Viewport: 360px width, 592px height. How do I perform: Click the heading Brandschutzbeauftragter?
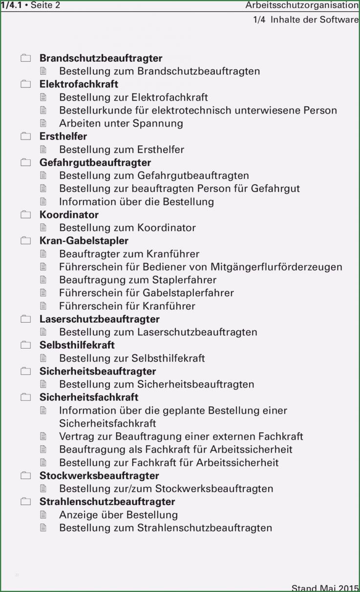click(x=101, y=58)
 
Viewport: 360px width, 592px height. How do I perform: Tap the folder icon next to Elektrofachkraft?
click(x=25, y=84)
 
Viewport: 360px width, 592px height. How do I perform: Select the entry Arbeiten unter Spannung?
click(x=121, y=123)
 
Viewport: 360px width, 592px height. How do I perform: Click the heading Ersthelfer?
click(x=63, y=136)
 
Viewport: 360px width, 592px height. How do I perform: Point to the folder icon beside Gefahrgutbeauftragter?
click(x=25, y=162)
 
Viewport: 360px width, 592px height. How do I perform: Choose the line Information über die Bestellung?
click(x=136, y=201)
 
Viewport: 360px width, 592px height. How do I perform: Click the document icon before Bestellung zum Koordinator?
click(x=43, y=227)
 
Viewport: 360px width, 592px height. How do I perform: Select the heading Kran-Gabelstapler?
click(x=84, y=241)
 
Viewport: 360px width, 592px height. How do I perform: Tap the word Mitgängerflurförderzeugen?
click(x=276, y=267)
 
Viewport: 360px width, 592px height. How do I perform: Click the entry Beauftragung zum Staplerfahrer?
click(x=137, y=280)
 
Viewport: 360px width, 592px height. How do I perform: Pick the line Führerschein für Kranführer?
click(x=127, y=306)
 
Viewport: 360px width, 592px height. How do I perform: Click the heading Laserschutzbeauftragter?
click(x=99, y=319)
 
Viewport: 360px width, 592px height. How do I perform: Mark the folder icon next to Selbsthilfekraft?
click(x=25, y=345)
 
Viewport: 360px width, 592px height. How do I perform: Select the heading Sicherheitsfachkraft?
click(x=89, y=397)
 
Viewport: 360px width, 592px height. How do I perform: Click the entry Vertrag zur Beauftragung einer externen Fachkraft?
click(x=181, y=436)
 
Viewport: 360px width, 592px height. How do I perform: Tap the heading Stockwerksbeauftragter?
click(x=99, y=476)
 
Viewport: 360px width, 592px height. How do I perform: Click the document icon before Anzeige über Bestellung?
click(x=43, y=515)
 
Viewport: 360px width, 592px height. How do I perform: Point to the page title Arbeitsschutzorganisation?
click(x=301, y=5)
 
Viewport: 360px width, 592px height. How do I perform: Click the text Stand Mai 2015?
click(x=325, y=588)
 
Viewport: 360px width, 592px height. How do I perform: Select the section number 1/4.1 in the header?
click(x=11, y=5)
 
